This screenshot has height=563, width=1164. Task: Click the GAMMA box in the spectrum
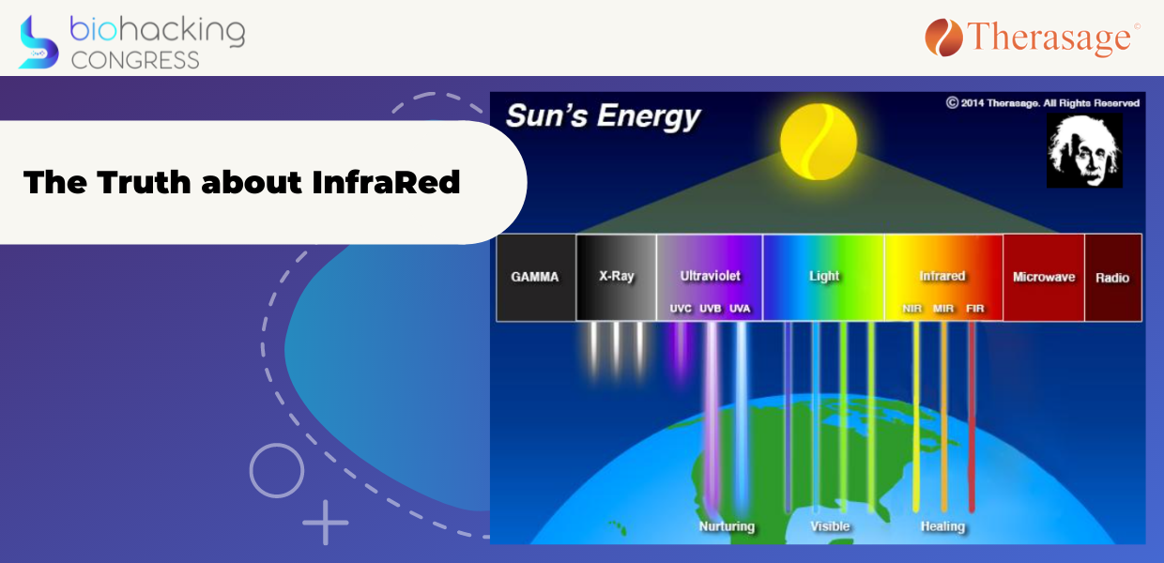pos(536,278)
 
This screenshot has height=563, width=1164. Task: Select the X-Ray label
pos(617,276)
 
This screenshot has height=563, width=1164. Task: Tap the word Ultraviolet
pos(710,276)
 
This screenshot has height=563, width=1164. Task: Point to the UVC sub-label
pos(681,309)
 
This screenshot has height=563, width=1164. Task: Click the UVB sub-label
pos(711,309)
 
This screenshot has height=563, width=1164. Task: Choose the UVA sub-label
pos(740,309)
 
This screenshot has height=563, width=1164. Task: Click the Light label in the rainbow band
pos(824,276)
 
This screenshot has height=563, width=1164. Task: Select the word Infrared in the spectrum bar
pos(942,276)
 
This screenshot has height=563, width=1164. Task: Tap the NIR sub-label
pos(912,309)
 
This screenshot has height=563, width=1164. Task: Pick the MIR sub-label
pos(943,309)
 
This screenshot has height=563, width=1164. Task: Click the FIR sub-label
pos(974,309)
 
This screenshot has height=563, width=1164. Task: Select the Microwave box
pos(1044,278)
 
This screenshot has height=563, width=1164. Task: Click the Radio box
pos(1113,278)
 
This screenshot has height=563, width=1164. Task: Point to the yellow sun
pos(819,142)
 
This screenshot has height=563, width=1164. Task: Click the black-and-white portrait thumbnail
pos(1084,151)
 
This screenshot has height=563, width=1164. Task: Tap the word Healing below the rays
pos(942,526)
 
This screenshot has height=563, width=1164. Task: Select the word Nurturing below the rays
pos(727,526)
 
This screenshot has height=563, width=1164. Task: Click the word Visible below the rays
pos(830,526)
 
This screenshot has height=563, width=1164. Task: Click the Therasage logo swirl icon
pos(943,38)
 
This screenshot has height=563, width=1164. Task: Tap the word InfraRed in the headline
pos(386,182)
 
